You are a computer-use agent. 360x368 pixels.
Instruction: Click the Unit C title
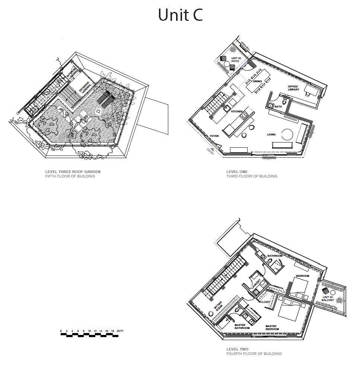(180, 15)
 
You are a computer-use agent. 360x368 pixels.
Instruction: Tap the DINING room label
(257, 81)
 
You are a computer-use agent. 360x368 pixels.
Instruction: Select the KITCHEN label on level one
(237, 111)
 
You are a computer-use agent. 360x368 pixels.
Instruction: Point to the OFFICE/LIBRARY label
(293, 88)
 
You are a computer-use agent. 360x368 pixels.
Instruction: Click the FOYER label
(214, 136)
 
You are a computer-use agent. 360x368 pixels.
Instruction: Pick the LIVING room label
(271, 134)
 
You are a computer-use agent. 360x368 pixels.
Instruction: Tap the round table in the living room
(287, 134)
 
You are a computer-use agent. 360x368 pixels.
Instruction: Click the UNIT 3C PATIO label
(236, 60)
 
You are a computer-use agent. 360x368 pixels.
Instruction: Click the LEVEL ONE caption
(237, 172)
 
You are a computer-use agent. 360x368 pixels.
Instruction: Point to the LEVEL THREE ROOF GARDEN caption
(73, 172)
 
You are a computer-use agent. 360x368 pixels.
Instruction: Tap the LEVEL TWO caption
(237, 349)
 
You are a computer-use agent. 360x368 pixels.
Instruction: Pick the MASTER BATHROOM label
(242, 327)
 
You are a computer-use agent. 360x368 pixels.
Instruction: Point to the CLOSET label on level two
(265, 302)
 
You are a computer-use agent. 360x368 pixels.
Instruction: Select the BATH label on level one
(278, 107)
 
